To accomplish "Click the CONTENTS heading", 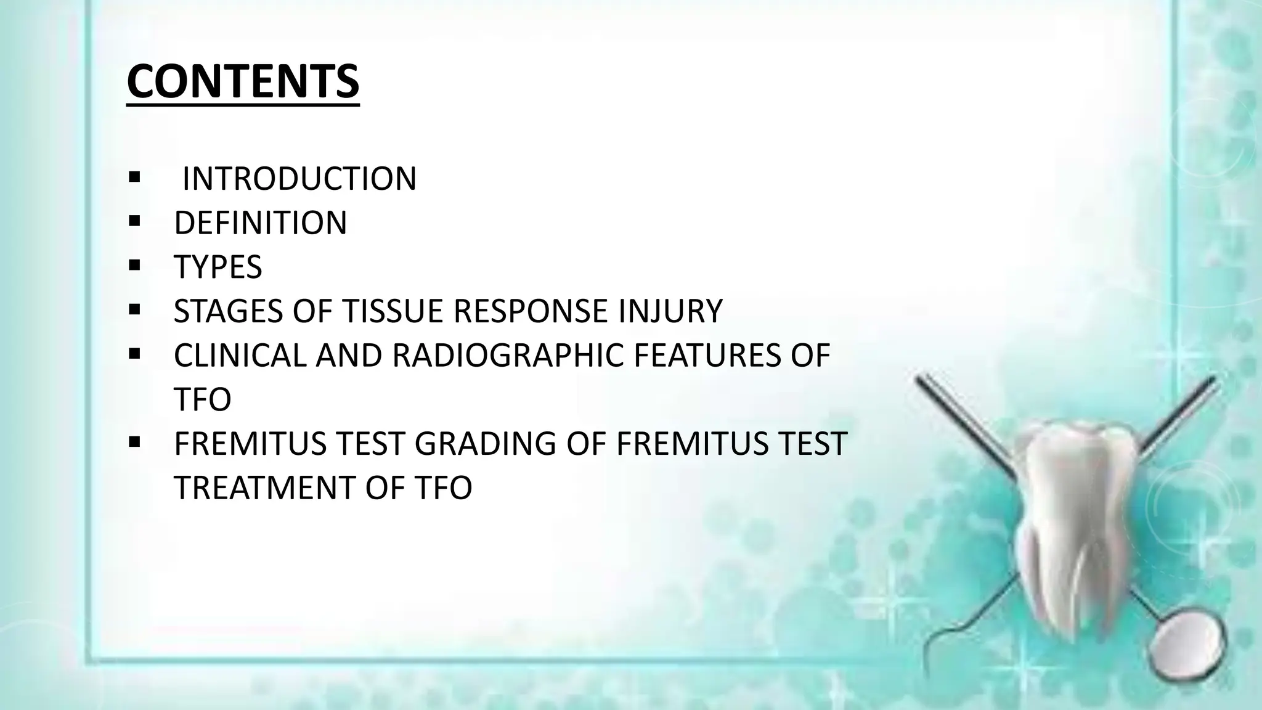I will (x=243, y=81).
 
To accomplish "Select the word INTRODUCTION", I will (x=299, y=179).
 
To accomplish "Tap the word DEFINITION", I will (x=260, y=222).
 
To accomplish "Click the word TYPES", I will (x=218, y=267).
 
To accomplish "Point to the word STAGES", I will (x=229, y=311).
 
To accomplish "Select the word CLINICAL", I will (x=240, y=356).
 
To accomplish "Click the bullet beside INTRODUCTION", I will (x=134, y=178).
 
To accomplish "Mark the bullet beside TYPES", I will (x=134, y=266).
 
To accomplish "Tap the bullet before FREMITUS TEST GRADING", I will (x=134, y=443).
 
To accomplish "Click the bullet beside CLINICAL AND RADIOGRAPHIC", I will (x=134, y=354).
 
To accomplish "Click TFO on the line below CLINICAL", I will (x=202, y=399).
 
